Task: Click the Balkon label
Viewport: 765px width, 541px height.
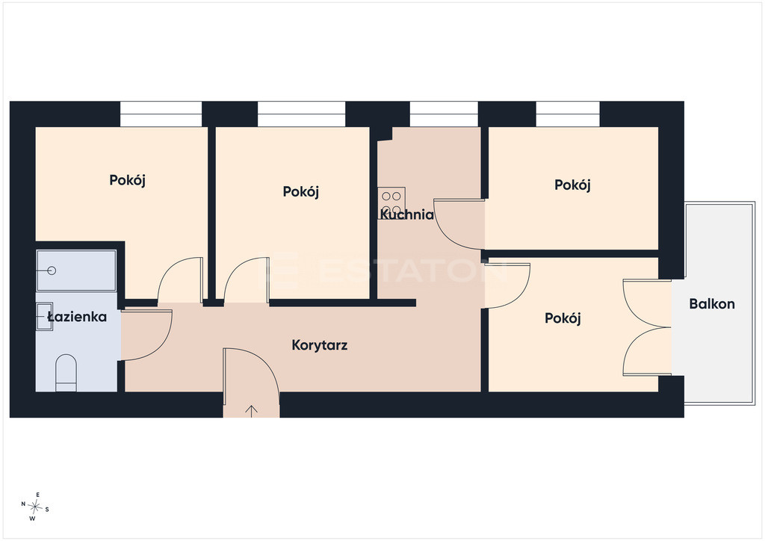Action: click(x=712, y=304)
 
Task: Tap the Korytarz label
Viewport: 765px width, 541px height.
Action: click(x=320, y=345)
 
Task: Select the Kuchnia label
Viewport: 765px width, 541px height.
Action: click(x=406, y=214)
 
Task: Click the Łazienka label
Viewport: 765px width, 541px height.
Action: click(x=77, y=317)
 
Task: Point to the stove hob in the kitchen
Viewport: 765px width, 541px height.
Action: click(x=391, y=203)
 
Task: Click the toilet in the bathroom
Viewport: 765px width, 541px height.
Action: click(x=66, y=373)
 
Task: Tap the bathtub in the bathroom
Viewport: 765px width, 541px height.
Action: click(x=76, y=270)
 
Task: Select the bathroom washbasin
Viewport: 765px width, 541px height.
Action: click(x=44, y=317)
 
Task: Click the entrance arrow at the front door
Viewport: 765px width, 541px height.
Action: click(x=251, y=411)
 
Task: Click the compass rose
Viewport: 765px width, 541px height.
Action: click(x=35, y=507)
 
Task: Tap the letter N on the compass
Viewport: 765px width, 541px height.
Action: click(x=23, y=504)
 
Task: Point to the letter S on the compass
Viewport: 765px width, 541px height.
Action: click(x=47, y=510)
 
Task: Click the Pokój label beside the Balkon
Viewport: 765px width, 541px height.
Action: click(x=563, y=318)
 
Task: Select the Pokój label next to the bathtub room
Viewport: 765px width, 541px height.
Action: click(x=127, y=181)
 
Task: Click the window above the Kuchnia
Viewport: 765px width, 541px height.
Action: click(x=444, y=114)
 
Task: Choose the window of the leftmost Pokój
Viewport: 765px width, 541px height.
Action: click(x=161, y=114)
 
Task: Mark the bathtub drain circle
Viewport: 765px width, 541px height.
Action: click(x=52, y=270)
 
